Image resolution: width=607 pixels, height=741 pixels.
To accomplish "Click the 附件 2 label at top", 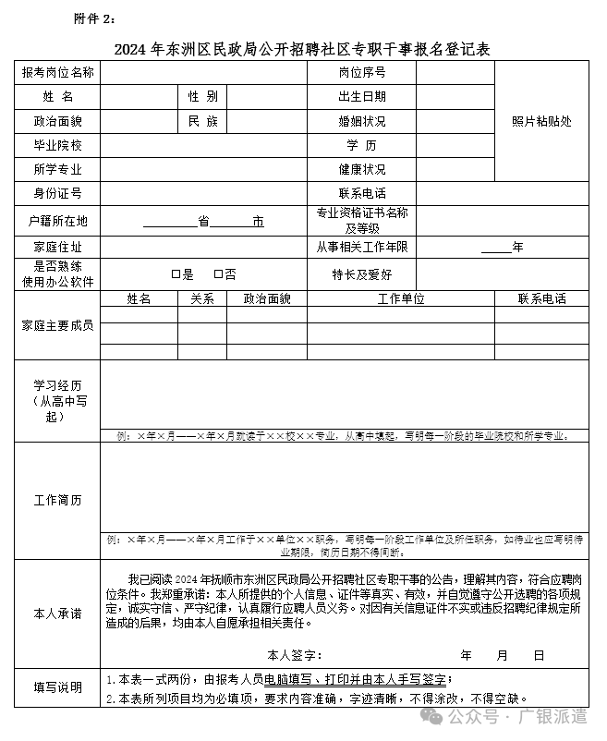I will click(95, 18).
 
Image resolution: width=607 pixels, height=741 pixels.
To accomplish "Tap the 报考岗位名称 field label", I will click(58, 73).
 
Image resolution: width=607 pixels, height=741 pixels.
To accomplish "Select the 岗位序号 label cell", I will click(362, 73).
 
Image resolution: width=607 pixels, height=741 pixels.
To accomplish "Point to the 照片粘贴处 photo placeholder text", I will click(542, 121).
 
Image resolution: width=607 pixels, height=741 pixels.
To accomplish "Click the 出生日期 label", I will click(362, 97).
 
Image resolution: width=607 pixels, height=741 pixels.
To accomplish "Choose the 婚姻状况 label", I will click(362, 121).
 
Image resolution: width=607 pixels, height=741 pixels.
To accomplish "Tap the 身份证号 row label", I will click(58, 193).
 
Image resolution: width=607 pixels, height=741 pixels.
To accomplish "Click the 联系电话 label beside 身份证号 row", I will click(362, 193).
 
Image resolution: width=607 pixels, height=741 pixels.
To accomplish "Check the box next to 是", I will click(176, 274).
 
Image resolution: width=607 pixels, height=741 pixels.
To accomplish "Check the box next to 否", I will click(218, 274).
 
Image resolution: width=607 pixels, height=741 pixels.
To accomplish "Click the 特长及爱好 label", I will click(362, 274).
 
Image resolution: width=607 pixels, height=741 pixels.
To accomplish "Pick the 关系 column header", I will click(202, 298).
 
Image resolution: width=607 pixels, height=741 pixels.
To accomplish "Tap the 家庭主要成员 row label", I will click(57, 326).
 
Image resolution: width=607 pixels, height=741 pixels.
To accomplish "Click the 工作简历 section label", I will click(57, 501).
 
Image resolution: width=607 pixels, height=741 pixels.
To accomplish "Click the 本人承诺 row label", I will click(57, 613).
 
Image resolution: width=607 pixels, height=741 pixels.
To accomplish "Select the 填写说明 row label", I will click(57, 687).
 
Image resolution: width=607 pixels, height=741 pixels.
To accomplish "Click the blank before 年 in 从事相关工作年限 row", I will click(495, 248).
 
